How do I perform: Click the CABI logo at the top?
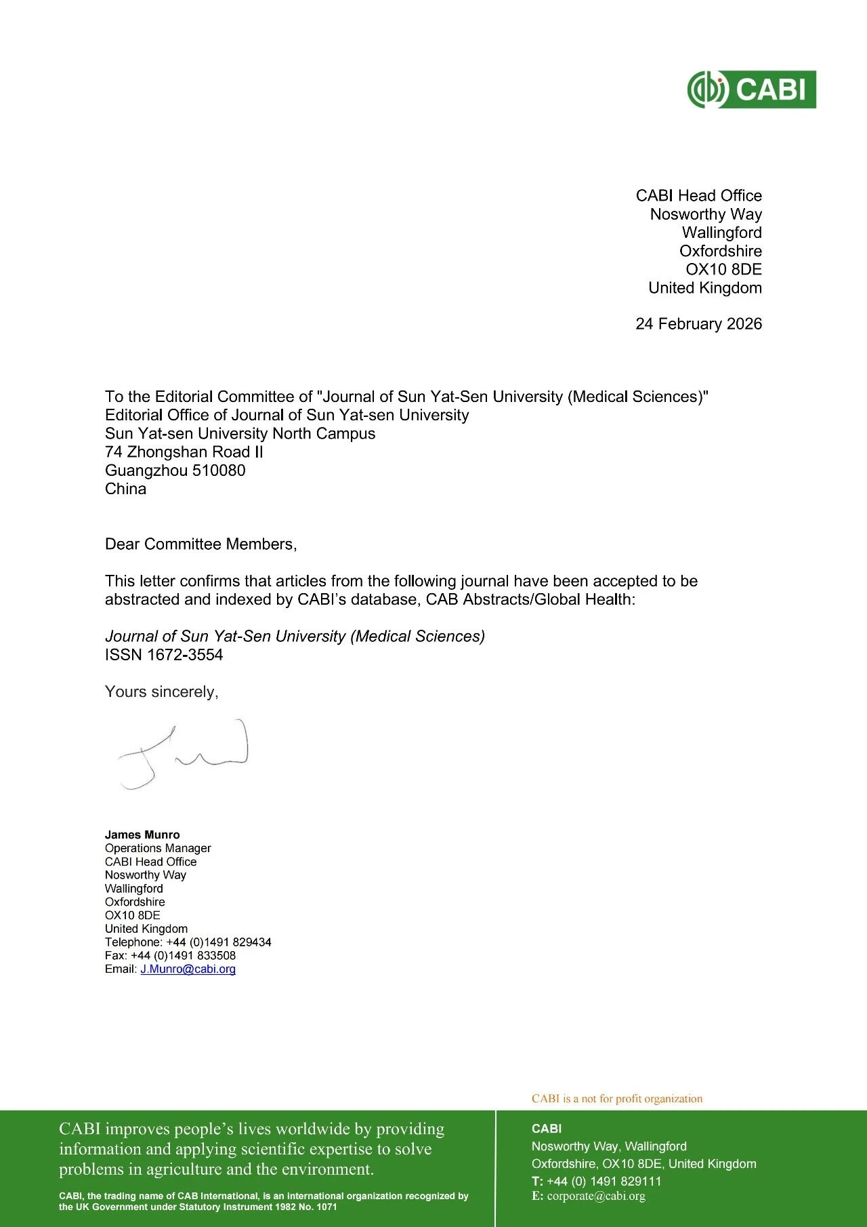751,89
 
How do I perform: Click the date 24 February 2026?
698,324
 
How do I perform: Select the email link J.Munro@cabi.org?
188,969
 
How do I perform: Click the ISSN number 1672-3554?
184,655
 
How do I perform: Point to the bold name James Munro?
142,835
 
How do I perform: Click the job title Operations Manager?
158,849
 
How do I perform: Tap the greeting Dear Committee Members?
200,544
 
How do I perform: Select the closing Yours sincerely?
161,692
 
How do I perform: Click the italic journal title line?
295,637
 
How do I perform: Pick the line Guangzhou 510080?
175,470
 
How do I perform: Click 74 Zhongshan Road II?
184,452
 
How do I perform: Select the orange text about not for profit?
616,1099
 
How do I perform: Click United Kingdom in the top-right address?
704,288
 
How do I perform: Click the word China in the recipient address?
125,489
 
